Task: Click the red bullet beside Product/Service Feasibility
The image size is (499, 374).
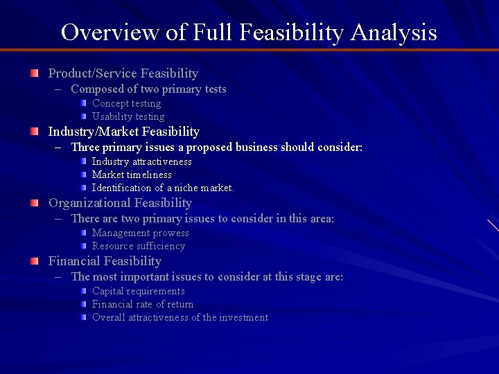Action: pyautogui.click(x=34, y=73)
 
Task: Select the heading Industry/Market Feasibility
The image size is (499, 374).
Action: pyautogui.click(x=123, y=132)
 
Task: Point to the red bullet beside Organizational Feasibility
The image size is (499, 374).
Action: pyautogui.click(x=34, y=203)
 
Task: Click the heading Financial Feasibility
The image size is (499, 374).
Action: pyautogui.click(x=104, y=261)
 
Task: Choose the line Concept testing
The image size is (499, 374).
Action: pyautogui.click(x=126, y=103)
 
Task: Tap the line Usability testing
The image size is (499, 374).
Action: pyautogui.click(x=128, y=116)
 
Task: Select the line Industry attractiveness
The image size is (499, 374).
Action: pyautogui.click(x=142, y=161)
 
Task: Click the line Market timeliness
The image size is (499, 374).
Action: pyautogui.click(x=132, y=175)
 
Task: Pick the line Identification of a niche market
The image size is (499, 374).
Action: pyautogui.click(x=163, y=188)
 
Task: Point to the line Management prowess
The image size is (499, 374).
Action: pyautogui.click(x=140, y=233)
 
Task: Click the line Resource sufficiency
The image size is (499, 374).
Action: pyautogui.click(x=139, y=246)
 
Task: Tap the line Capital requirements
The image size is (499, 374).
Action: pyautogui.click(x=139, y=291)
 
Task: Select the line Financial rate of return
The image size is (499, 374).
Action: pyautogui.click(x=143, y=304)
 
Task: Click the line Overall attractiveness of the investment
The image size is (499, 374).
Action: pyautogui.click(x=180, y=317)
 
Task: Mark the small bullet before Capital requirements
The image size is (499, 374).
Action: pyautogui.click(x=83, y=290)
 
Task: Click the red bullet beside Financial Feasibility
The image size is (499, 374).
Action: pyautogui.click(x=34, y=261)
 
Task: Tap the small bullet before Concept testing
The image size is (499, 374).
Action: pyautogui.click(x=83, y=103)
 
